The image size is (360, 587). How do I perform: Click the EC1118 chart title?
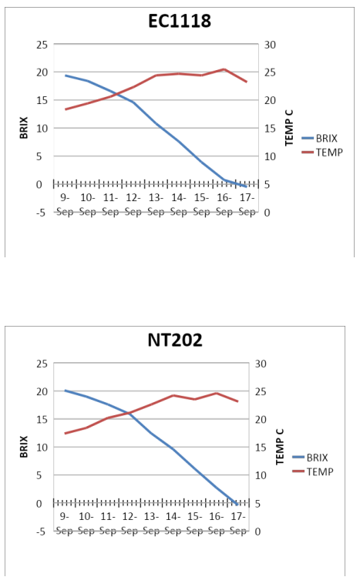tap(180, 21)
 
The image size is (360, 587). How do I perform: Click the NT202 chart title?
tap(175, 340)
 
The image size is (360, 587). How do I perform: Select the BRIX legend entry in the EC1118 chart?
tap(320, 138)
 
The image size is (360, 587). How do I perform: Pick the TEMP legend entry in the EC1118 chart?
tap(322, 153)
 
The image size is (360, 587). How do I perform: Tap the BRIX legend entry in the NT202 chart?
tap(310, 458)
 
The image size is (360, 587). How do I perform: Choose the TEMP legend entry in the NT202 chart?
tap(313, 471)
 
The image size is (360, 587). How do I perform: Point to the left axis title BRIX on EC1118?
tap(24, 128)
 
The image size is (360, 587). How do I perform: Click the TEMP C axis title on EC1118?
tap(289, 128)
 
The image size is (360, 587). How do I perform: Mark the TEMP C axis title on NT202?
tap(280, 447)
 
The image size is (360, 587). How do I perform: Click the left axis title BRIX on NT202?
tap(24, 447)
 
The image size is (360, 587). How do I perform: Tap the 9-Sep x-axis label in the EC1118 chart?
tap(65, 204)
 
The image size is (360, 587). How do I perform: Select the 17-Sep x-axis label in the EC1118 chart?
tap(247, 204)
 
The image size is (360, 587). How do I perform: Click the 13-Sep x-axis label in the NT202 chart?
tap(151, 523)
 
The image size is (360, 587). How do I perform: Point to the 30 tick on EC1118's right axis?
tap(270, 45)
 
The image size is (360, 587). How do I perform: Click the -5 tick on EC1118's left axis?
tap(40, 213)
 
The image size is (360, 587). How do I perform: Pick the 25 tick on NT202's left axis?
tap(42, 364)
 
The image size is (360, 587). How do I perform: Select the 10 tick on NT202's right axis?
tap(261, 475)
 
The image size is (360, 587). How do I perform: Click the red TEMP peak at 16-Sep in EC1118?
tap(224, 69)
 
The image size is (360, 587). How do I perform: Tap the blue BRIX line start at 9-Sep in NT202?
tap(66, 391)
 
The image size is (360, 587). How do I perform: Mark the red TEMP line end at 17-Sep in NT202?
tap(238, 401)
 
